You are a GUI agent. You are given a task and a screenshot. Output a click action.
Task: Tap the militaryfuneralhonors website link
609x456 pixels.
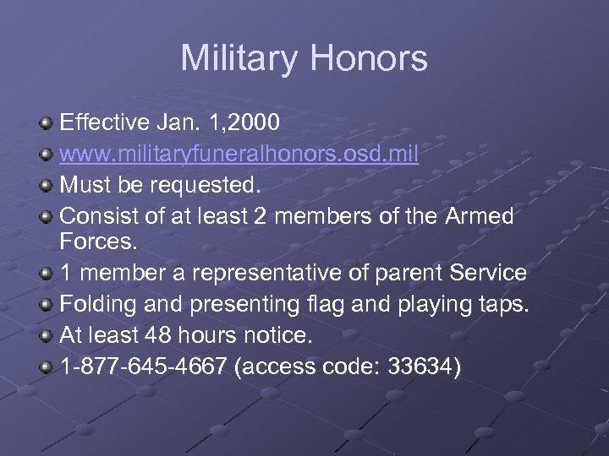point(239,155)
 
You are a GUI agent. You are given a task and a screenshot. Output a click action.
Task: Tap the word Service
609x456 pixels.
point(488,274)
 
